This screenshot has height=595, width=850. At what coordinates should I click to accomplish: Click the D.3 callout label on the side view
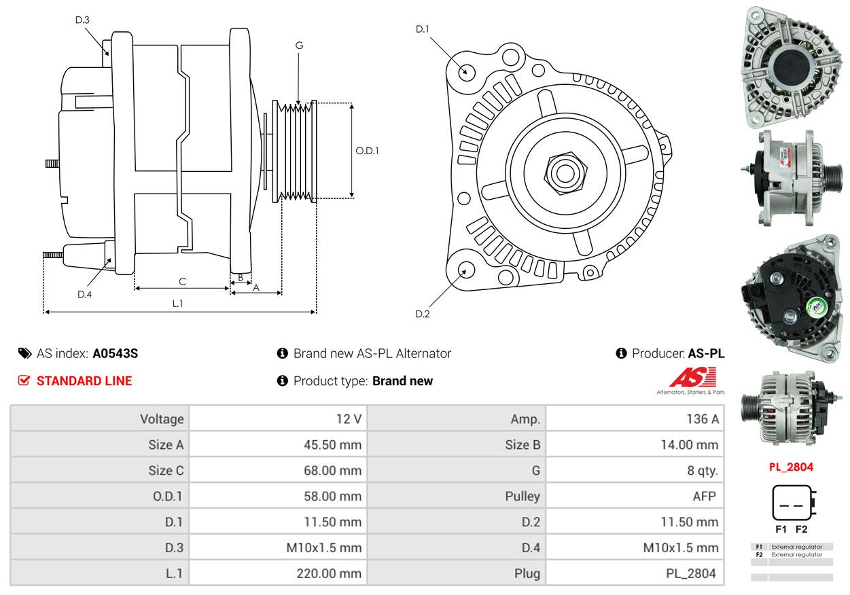pos(82,20)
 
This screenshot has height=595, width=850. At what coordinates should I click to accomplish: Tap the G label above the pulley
pos(299,46)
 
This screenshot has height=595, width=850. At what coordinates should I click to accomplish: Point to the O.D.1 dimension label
pos(367,151)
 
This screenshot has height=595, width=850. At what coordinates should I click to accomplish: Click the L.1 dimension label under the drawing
pos(177,303)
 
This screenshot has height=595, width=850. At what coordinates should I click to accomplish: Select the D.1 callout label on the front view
pos(423,29)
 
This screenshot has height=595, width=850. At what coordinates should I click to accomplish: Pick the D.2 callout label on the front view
pos(423,314)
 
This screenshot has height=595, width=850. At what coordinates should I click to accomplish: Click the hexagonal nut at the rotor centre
pos(565,173)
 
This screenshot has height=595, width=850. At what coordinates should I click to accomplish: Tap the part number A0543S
pos(116,353)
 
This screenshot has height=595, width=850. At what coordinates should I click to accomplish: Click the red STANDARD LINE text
pos(84,381)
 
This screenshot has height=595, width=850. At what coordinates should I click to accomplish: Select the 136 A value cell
pos(635,418)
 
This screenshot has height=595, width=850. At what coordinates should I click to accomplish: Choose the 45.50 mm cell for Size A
pos(278,444)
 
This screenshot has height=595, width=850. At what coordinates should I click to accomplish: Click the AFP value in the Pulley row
pos(704,496)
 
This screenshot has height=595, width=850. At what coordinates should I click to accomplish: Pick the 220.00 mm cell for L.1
pos(278,573)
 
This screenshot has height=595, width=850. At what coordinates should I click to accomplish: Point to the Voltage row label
pos(162,418)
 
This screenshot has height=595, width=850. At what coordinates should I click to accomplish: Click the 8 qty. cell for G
pos(635,470)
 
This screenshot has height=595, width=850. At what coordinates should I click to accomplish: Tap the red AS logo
pos(692,377)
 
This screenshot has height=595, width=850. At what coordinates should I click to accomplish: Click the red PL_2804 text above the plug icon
pos(791,467)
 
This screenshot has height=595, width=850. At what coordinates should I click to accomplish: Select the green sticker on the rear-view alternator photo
pos(815,306)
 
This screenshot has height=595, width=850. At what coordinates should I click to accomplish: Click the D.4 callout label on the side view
pos(84,294)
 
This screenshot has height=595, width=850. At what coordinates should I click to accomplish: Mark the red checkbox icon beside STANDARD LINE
pos(24,380)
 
